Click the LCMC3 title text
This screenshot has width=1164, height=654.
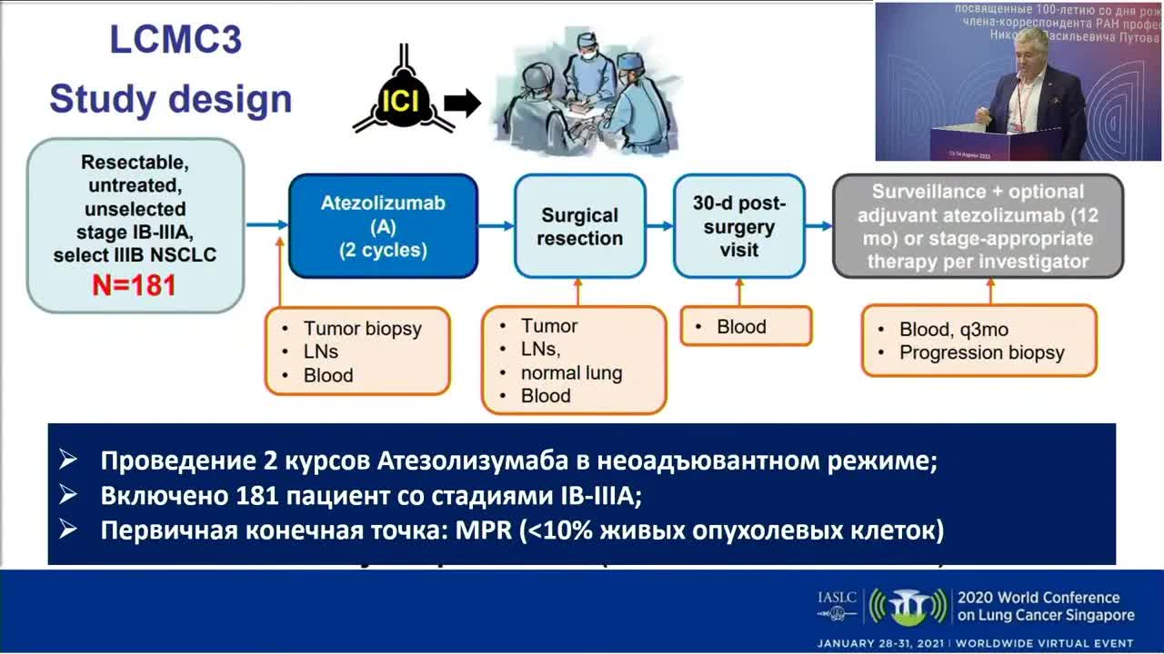coord(176,41)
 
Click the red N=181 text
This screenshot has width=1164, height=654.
coord(135,285)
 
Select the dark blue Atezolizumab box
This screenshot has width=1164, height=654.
coord(383,225)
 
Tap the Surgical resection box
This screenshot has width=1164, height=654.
coord(579,226)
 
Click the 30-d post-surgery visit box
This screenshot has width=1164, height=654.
coord(738,225)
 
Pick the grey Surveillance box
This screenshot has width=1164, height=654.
coord(978,226)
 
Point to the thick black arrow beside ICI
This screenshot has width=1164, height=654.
coord(462,104)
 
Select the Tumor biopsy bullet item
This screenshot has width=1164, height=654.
coord(362,329)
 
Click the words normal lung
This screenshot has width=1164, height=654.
coord(571,372)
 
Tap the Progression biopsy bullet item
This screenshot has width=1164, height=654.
coord(981,352)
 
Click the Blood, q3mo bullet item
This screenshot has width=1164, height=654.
coord(952,329)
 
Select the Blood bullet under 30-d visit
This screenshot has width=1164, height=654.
coord(741,327)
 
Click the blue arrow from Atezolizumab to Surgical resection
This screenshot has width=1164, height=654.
coord(496,225)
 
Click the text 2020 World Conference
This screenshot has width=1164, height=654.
coord(1038,598)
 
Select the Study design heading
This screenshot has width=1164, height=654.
coord(170,98)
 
